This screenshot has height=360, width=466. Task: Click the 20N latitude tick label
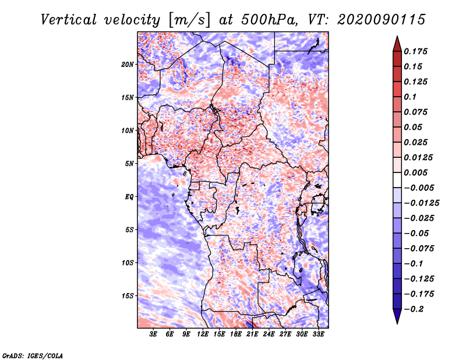click(x=128, y=65)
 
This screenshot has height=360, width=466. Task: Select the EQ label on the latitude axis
click(x=129, y=197)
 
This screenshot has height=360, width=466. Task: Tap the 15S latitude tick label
click(x=128, y=296)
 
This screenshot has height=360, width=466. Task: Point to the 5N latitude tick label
click(x=129, y=164)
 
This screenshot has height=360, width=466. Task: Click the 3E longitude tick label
click(x=153, y=334)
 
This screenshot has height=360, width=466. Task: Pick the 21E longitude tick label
click(x=252, y=334)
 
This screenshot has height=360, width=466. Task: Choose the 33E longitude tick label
click(x=318, y=334)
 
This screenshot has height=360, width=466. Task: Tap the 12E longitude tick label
click(x=203, y=334)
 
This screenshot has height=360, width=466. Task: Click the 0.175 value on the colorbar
click(x=415, y=51)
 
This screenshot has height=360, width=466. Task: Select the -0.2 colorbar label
click(x=414, y=309)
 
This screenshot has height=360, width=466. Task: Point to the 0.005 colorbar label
click(x=415, y=172)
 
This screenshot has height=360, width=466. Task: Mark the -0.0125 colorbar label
click(x=421, y=203)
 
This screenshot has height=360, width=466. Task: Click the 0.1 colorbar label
click(x=410, y=97)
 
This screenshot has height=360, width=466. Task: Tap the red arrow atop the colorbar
click(x=397, y=44)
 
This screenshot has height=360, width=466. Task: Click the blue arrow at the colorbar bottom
click(x=397, y=316)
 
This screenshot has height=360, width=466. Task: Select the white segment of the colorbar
click(x=397, y=180)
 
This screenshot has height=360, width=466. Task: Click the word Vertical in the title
click(x=69, y=20)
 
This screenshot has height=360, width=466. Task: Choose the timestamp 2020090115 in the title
click(x=382, y=20)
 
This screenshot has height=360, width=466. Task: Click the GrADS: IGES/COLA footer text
click(x=33, y=356)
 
